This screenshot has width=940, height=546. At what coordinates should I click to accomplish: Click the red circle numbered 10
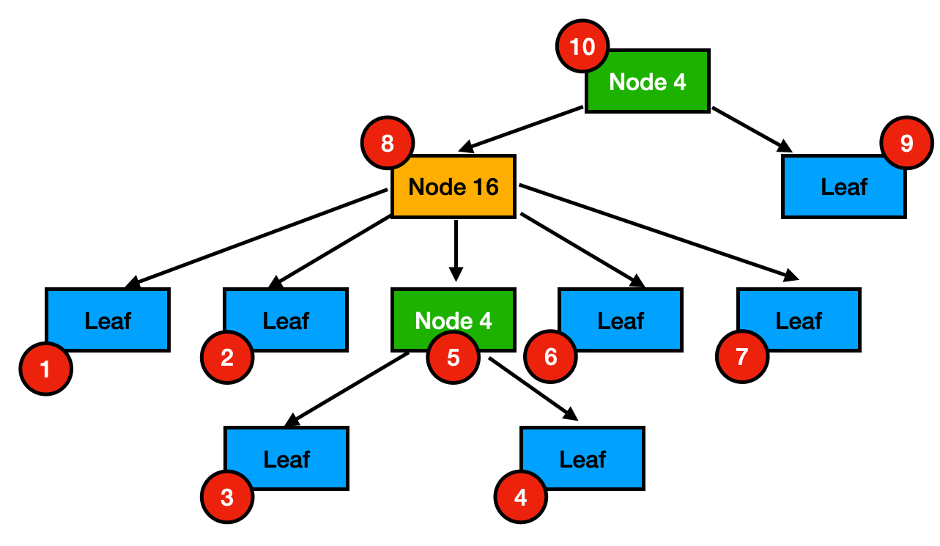pos(582,48)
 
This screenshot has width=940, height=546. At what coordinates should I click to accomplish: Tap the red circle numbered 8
pos(388,143)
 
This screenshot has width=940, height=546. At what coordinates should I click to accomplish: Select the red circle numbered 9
pos(906,143)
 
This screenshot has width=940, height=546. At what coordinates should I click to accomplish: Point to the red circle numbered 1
pos(45,369)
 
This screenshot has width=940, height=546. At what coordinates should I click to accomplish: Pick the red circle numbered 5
pos(453,358)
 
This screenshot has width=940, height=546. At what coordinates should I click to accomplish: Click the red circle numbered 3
pos(227,498)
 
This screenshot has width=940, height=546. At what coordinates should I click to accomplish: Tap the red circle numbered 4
pos(521,498)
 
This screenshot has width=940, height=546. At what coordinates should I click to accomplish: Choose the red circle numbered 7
pos(742,357)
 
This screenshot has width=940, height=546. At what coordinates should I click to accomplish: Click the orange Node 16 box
pos(454,187)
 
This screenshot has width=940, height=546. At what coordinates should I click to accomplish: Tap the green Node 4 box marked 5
pos(454,315)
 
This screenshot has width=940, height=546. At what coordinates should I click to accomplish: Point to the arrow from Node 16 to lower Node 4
pos(456,249)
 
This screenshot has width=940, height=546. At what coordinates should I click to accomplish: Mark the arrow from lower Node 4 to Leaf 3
pos(347,389)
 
